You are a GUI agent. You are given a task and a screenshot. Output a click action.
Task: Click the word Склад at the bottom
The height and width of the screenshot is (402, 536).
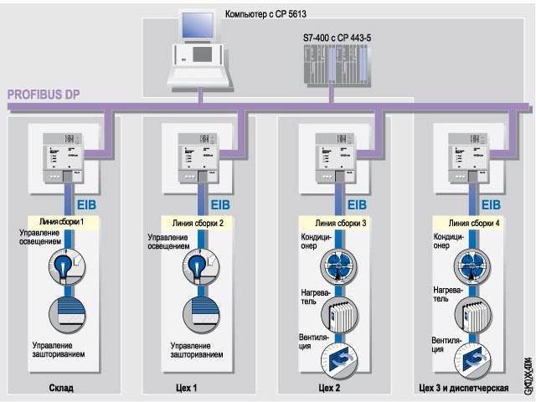tap(61, 389)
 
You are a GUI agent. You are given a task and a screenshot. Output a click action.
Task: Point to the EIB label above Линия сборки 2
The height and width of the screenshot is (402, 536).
tap(220, 204)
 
